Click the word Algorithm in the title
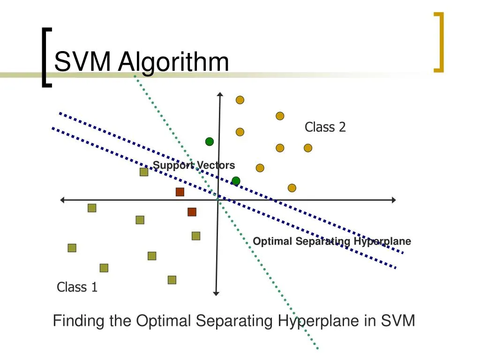click(x=173, y=63)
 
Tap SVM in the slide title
click(x=82, y=61)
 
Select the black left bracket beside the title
click(x=46, y=58)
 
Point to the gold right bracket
click(x=439, y=42)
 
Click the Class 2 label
click(x=325, y=127)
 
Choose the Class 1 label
click(x=77, y=287)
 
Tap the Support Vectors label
click(x=194, y=165)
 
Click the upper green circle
click(x=210, y=142)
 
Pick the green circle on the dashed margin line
click(x=236, y=181)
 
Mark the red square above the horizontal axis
click(x=180, y=192)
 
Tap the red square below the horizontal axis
click(x=192, y=212)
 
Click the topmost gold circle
click(x=240, y=100)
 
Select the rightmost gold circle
click(x=308, y=148)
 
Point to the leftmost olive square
click(x=72, y=248)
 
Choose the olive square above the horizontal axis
click(x=144, y=172)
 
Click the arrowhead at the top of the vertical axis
click(x=220, y=94)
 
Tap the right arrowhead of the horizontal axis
click(x=394, y=200)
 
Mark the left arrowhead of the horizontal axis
click(x=62, y=200)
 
